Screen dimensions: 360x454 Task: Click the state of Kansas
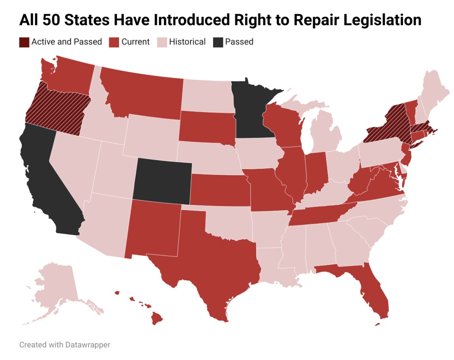coord(220,189)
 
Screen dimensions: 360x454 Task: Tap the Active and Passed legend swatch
coord(24,42)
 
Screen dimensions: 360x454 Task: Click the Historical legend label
coord(187,42)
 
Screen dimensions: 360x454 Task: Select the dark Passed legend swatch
coord(218,42)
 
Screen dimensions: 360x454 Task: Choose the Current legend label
coord(135,42)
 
